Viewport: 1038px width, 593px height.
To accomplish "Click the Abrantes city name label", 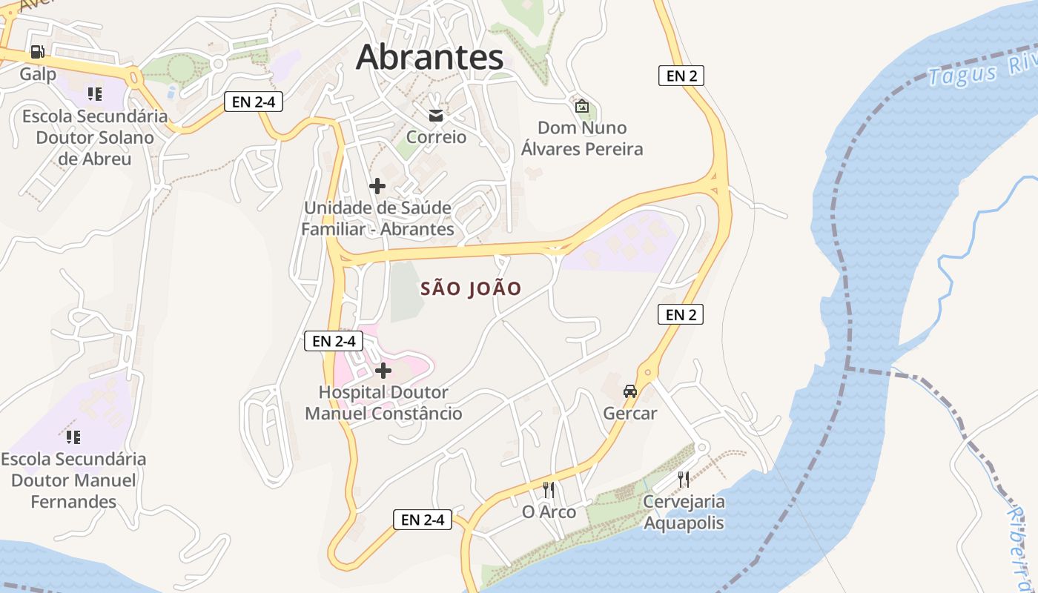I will [430, 58].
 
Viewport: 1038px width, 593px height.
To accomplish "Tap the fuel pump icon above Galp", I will [37, 52].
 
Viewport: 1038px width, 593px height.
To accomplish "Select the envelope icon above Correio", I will [435, 115].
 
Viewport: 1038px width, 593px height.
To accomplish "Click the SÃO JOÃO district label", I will [471, 288].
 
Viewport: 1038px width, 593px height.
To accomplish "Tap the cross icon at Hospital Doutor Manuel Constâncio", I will [383, 371].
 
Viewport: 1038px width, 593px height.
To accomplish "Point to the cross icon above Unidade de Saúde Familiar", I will [377, 186].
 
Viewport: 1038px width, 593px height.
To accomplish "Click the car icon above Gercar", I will [630, 391].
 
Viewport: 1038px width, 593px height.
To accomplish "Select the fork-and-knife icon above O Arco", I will [549, 489].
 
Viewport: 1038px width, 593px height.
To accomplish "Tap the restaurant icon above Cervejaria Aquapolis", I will [683, 480].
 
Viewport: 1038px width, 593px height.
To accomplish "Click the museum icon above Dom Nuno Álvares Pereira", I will [582, 106].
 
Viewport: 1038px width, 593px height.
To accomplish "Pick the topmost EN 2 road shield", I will [681, 75].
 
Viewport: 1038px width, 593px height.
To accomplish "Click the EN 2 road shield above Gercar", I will [680, 314].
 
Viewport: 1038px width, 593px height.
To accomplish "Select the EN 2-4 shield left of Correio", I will [254, 102].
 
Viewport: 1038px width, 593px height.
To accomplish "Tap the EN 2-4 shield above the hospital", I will [334, 341].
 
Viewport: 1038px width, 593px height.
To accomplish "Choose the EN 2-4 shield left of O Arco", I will [423, 520].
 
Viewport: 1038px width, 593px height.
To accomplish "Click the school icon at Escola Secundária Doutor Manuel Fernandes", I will [73, 437].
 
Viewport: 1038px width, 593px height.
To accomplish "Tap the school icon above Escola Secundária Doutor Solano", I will [94, 93].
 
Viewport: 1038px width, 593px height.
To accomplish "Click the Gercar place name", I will [630, 413].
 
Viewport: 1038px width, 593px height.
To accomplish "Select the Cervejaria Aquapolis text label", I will [684, 512].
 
